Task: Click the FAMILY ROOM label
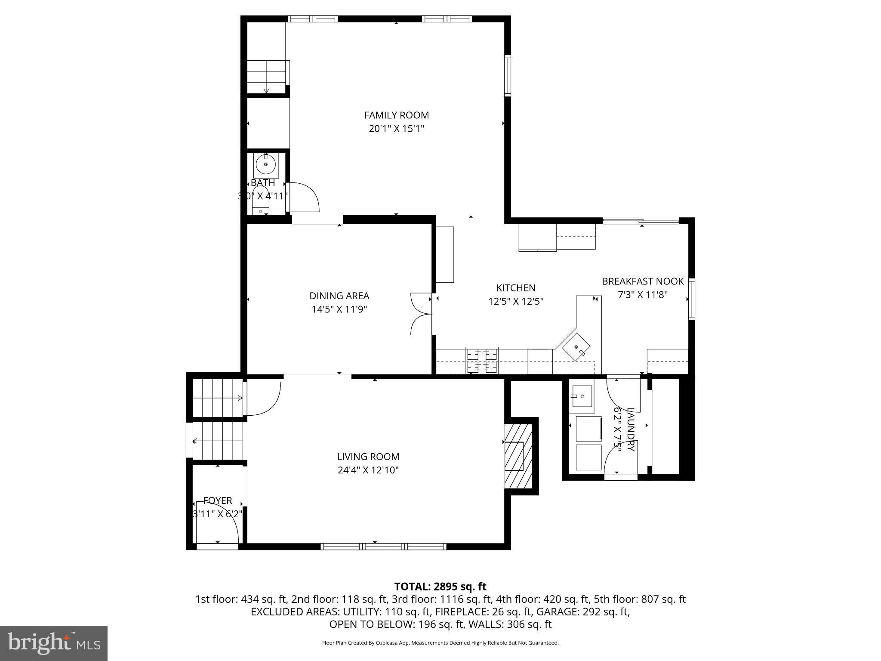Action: click(x=396, y=115)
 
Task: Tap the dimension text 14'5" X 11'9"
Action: click(x=339, y=309)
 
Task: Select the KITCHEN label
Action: click(x=516, y=288)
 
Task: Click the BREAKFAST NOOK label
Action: click(x=642, y=281)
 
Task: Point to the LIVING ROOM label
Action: click(x=368, y=457)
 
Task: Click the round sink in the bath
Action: click(x=266, y=164)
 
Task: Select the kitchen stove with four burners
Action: click(x=482, y=360)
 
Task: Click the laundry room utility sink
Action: click(x=582, y=396)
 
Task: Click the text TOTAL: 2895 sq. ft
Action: click(x=440, y=587)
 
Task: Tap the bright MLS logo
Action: click(x=54, y=643)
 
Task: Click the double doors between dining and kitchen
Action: click(x=422, y=314)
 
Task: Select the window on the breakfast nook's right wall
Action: click(x=691, y=299)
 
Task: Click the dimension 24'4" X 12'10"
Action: click(x=368, y=470)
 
